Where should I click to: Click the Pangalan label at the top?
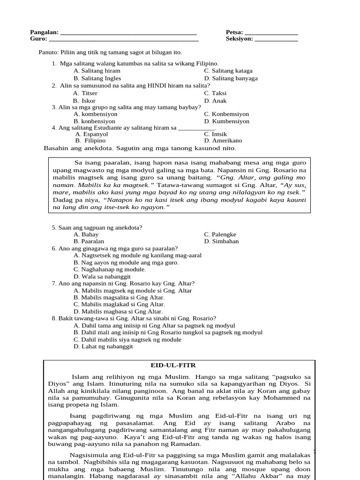coord(44,32)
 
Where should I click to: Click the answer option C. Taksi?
coord(216,93)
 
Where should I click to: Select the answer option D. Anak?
coord(215,101)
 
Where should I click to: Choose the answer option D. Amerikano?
coord(223,141)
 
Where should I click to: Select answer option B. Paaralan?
coord(89,241)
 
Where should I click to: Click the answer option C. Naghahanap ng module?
coord(110,270)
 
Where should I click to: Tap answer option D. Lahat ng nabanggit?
coord(103,346)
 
